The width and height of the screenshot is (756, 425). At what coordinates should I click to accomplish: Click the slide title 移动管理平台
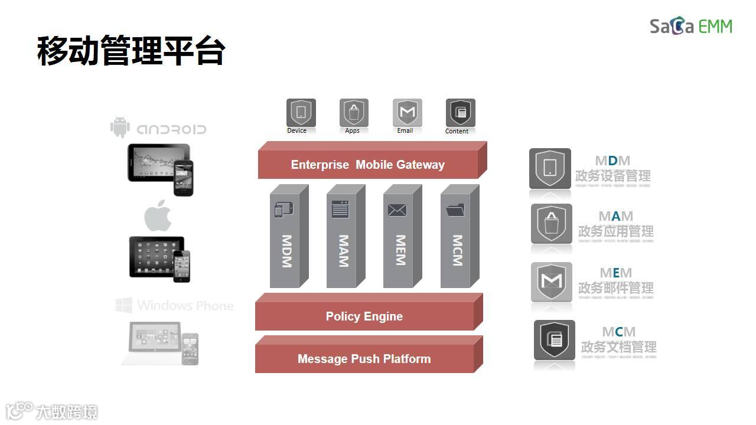point(131,50)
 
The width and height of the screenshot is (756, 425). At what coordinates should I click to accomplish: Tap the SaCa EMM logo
point(690,27)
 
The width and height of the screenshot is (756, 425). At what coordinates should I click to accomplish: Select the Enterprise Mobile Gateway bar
point(367,165)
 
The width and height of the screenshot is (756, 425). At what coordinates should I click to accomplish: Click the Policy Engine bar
point(364,316)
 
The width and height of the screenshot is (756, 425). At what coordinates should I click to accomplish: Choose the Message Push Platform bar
point(364,359)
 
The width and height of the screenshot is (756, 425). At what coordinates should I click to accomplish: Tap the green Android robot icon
point(120,127)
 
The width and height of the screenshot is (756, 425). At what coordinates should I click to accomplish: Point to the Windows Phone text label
point(185,306)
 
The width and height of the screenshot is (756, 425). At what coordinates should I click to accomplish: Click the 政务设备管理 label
point(613,176)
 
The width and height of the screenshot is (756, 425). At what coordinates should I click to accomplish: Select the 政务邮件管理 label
point(616,288)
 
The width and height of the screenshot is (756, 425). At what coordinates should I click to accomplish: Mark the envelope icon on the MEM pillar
point(397,210)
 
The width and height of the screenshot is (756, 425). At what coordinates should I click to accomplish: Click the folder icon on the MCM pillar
point(455,210)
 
